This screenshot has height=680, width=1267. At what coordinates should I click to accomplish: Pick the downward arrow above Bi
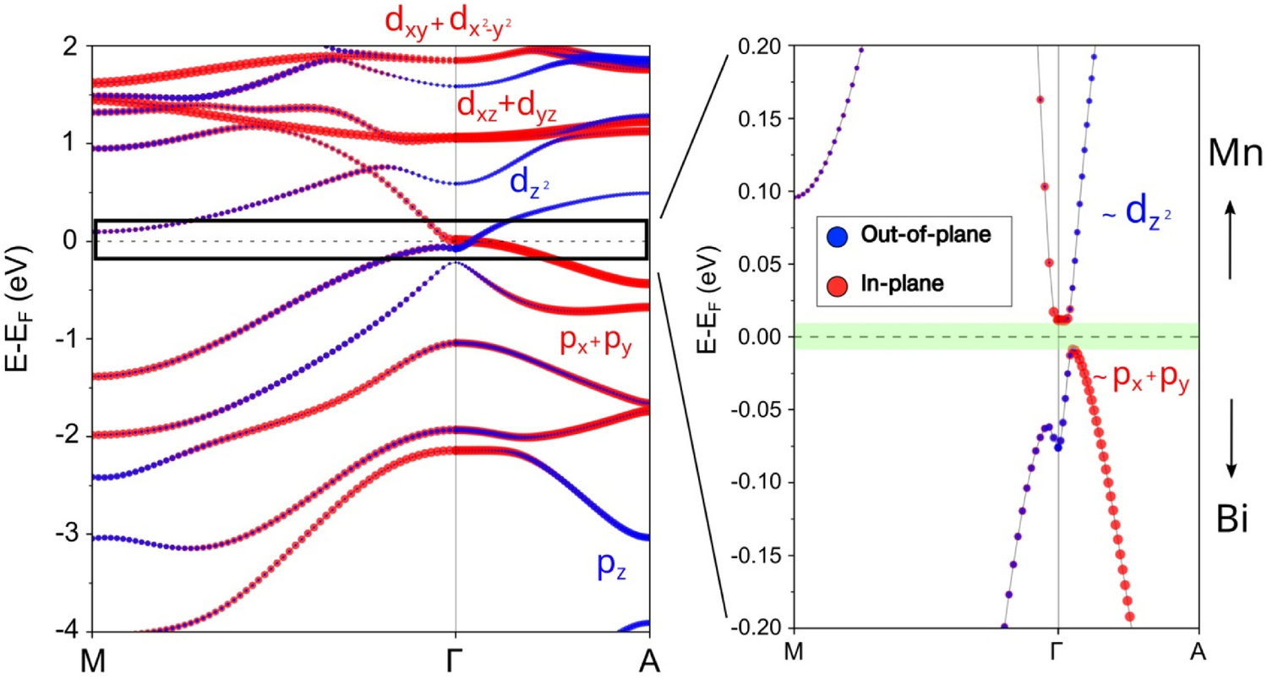tap(1232, 436)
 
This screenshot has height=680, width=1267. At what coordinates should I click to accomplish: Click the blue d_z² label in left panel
tap(534, 183)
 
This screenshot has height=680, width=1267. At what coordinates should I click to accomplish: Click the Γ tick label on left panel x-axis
tap(456, 661)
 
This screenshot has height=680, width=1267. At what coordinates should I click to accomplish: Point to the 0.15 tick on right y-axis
tap(758, 118)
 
